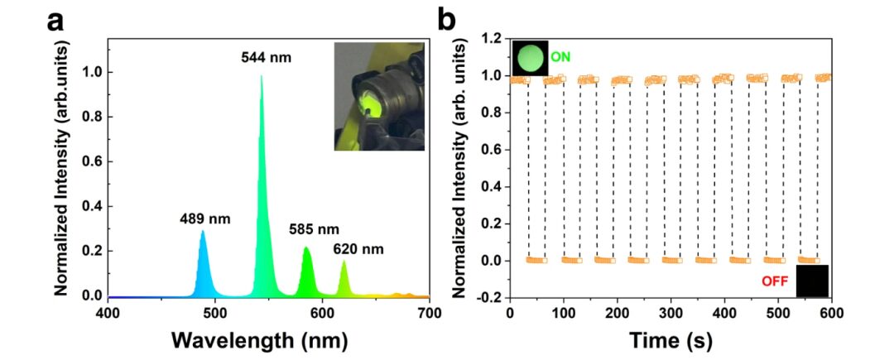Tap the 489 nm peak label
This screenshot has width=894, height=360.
coord(204,220)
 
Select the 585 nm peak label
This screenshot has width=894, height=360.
coord(315,229)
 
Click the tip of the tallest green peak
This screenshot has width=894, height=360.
coord(262,76)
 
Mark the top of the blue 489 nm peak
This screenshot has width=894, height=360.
coord(203,232)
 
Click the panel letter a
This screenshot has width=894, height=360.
coord(55,22)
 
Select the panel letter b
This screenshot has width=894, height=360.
coord(446,20)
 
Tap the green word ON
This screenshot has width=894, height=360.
coord(560,56)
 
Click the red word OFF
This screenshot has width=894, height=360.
coord(776,281)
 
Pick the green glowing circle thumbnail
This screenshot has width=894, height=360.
coord(530,59)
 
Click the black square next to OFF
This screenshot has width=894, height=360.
coord(812,281)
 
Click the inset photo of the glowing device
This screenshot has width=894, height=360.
coord(379,97)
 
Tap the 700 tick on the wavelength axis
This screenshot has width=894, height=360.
coord(429,313)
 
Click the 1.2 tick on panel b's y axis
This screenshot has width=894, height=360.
coord(492,38)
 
